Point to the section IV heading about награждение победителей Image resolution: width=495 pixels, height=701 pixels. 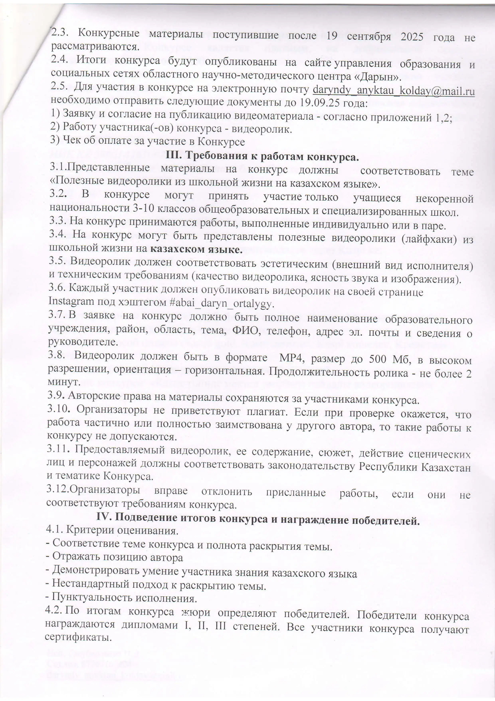tap(258, 519)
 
